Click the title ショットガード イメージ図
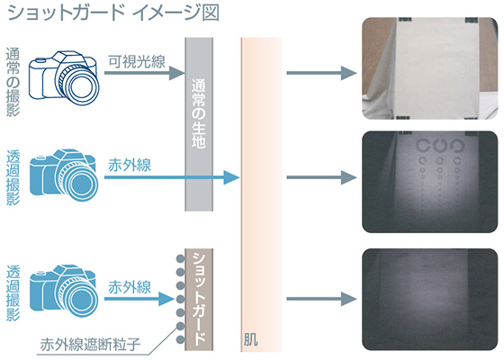pos(113,13)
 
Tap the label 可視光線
pos(137,61)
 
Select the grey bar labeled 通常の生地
pos(199,124)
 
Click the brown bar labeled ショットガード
pos(199,299)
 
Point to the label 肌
pos(250,340)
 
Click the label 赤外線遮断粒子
pos(90,345)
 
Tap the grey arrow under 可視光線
pos(145,73)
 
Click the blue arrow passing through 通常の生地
pos(172,177)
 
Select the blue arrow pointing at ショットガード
pos(139,299)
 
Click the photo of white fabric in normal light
pos(430,68)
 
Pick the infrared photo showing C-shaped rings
pos(430,182)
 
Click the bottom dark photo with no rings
pos(430,299)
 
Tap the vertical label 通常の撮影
pos(13,82)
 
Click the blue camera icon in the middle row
pos(64,175)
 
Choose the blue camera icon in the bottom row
pos(64,292)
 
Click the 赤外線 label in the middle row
pos(130,166)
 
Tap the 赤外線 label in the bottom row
pos(130,287)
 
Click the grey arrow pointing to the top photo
pos(322,73)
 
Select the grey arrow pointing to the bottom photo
pos(322,299)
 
